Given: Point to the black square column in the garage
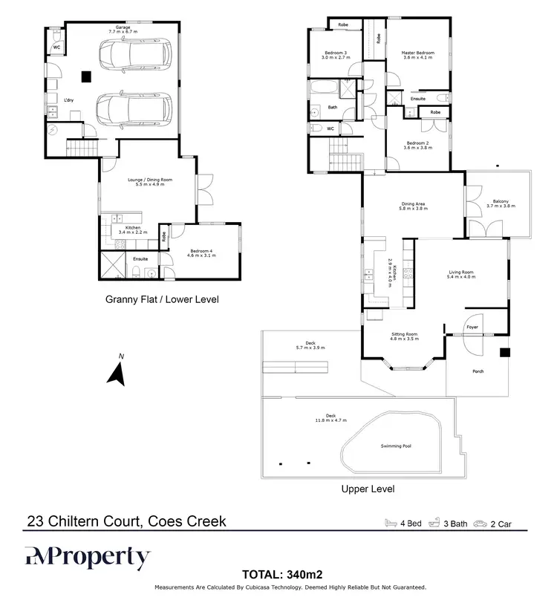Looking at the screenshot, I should [87, 74].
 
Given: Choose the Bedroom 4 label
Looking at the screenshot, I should [202, 252].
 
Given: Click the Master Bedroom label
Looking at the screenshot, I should [417, 55].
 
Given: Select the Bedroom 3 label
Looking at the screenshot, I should [336, 55].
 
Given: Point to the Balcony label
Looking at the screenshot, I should [501, 203].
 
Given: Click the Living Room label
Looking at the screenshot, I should [461, 274].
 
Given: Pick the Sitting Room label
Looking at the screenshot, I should [405, 336].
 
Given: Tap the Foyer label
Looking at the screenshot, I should [472, 327].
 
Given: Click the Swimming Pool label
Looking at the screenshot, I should [396, 446].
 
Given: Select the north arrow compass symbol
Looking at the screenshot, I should [116, 371].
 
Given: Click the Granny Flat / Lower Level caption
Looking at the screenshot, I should [161, 299].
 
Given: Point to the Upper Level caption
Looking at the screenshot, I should [367, 489].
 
